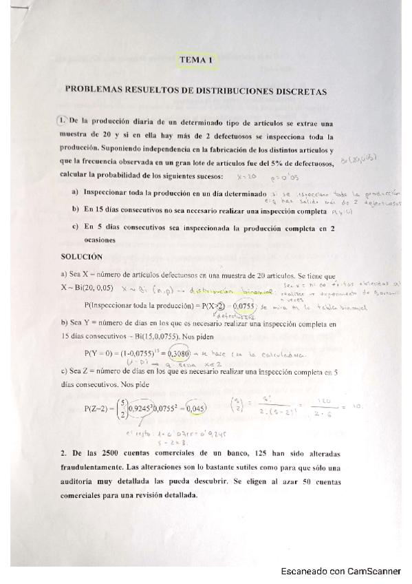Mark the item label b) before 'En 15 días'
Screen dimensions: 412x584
pyautogui.click(x=76, y=209)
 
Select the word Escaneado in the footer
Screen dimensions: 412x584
pyautogui.click(x=305, y=572)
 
